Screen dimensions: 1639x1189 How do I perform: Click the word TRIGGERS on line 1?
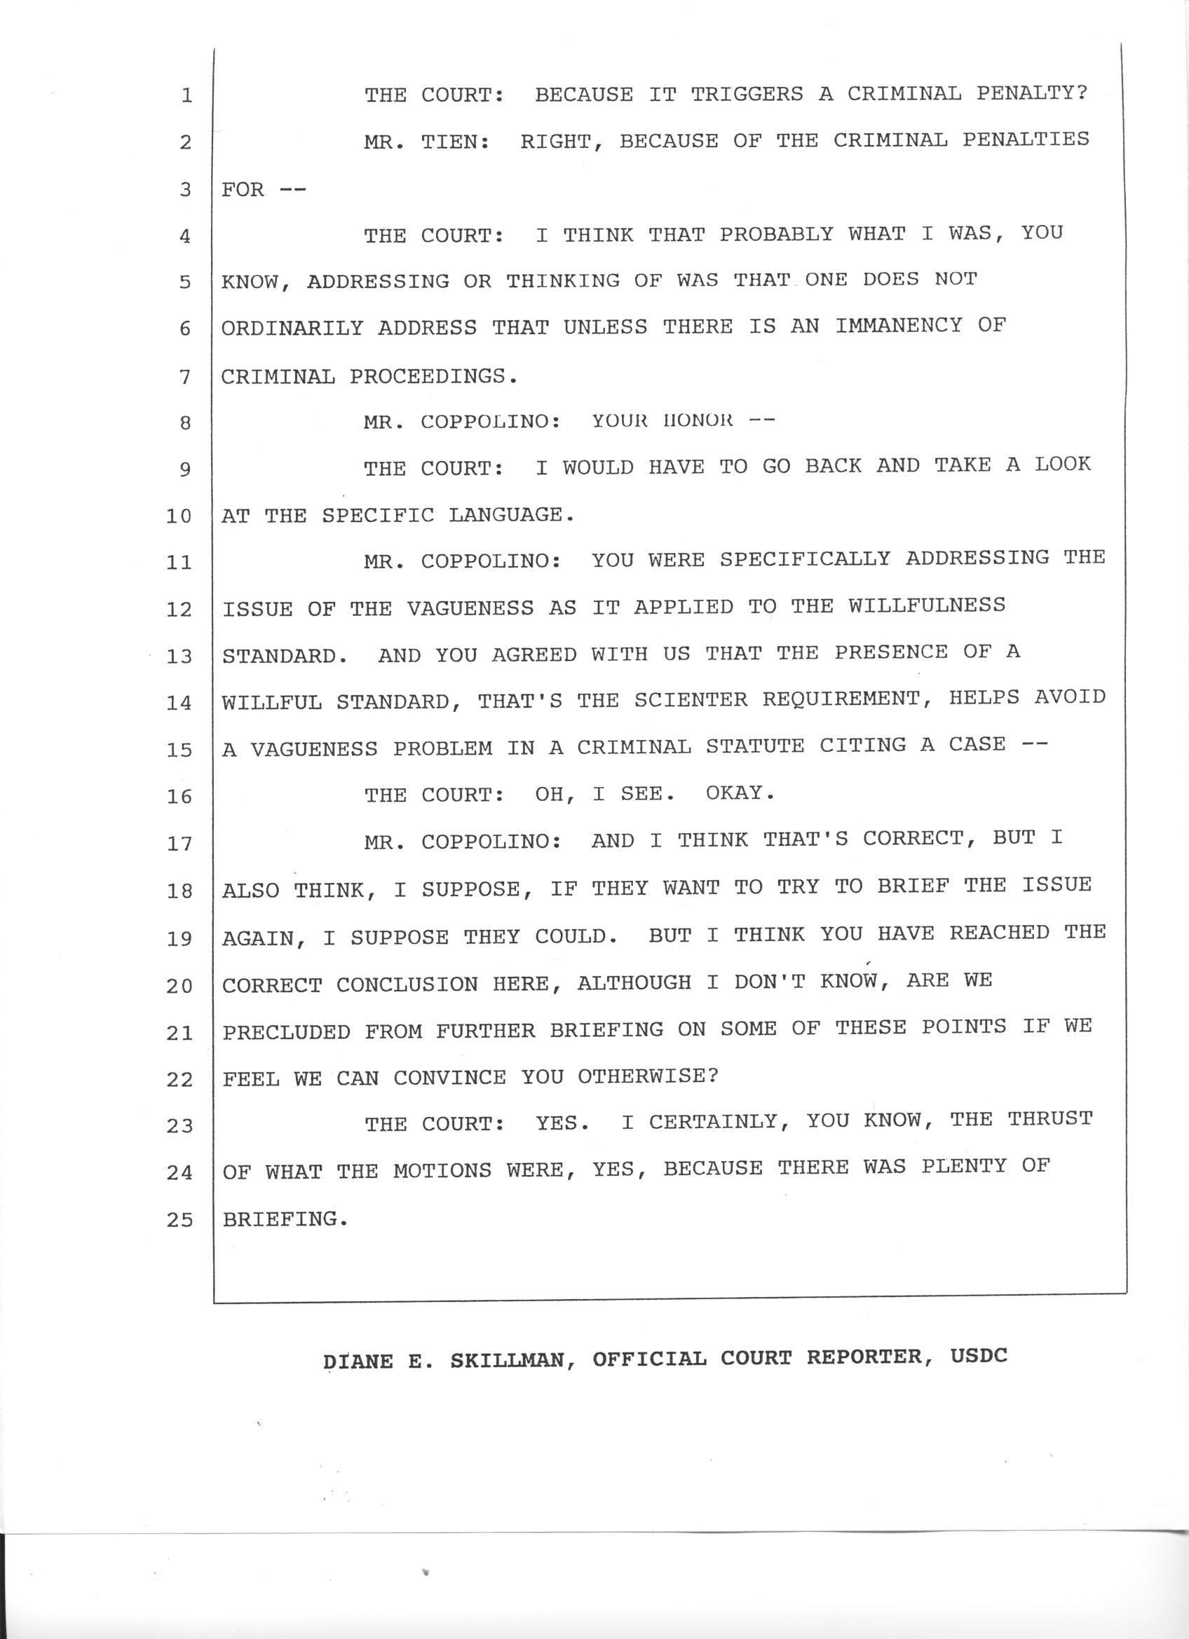[747, 94]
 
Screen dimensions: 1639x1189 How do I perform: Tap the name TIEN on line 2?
[449, 142]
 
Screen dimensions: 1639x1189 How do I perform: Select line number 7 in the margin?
[185, 376]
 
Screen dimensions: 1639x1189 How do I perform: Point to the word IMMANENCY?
[899, 326]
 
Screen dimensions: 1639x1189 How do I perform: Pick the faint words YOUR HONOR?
[663, 421]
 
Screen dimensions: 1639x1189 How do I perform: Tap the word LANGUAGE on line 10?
[510, 515]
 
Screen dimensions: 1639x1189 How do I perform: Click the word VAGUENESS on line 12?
[469, 608]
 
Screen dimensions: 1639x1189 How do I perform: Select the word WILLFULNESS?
[927, 605]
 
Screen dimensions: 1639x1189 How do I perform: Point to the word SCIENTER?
[691, 699]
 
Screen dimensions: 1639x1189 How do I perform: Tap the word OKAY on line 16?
[740, 793]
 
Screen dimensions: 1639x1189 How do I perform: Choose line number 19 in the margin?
[179, 939]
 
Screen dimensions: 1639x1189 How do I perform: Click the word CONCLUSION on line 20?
[407, 985]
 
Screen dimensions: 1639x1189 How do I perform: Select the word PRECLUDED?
[286, 1032]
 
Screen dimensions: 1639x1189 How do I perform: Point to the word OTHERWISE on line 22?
[647, 1077]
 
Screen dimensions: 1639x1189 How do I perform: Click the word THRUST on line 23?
[1050, 1119]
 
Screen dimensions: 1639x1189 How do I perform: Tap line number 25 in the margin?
[179, 1220]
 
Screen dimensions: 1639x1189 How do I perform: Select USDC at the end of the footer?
[979, 1356]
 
